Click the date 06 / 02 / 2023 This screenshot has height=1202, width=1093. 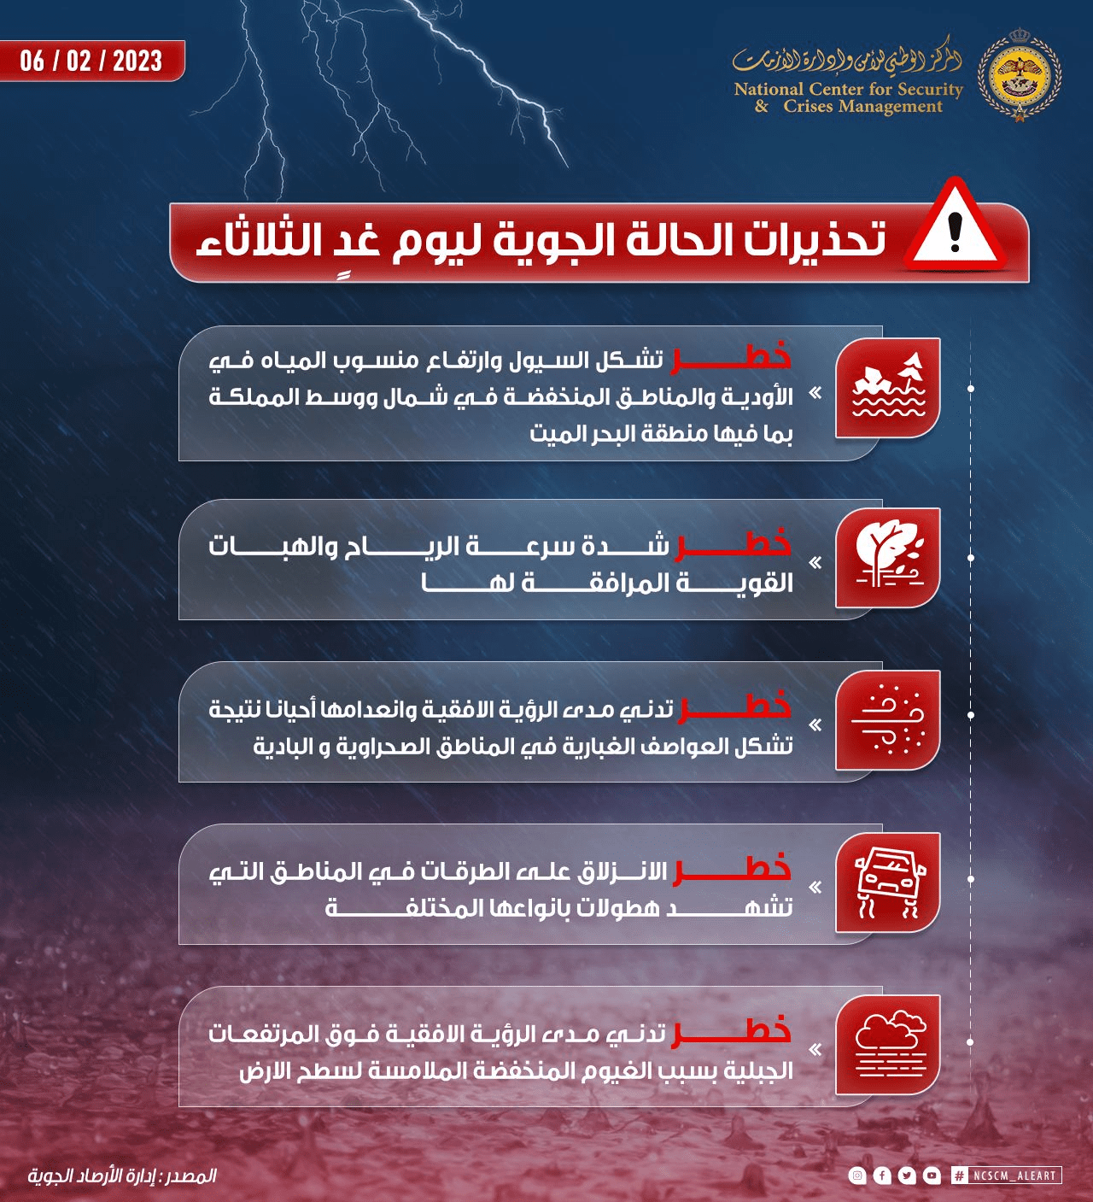(x=91, y=61)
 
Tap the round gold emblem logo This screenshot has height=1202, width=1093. (x=1019, y=74)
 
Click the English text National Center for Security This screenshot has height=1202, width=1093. (x=848, y=89)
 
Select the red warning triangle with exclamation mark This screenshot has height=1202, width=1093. (x=956, y=226)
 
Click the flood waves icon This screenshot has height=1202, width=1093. (x=889, y=388)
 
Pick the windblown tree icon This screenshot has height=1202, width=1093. (x=889, y=557)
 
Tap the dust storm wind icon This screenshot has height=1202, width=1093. (x=889, y=719)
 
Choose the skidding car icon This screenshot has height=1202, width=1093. (x=889, y=882)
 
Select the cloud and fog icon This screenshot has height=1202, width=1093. (x=889, y=1045)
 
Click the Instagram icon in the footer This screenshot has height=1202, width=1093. (x=857, y=1176)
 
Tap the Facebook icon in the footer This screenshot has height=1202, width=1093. (x=882, y=1176)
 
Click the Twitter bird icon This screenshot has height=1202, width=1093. (x=907, y=1176)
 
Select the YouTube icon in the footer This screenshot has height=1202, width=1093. (x=932, y=1176)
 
